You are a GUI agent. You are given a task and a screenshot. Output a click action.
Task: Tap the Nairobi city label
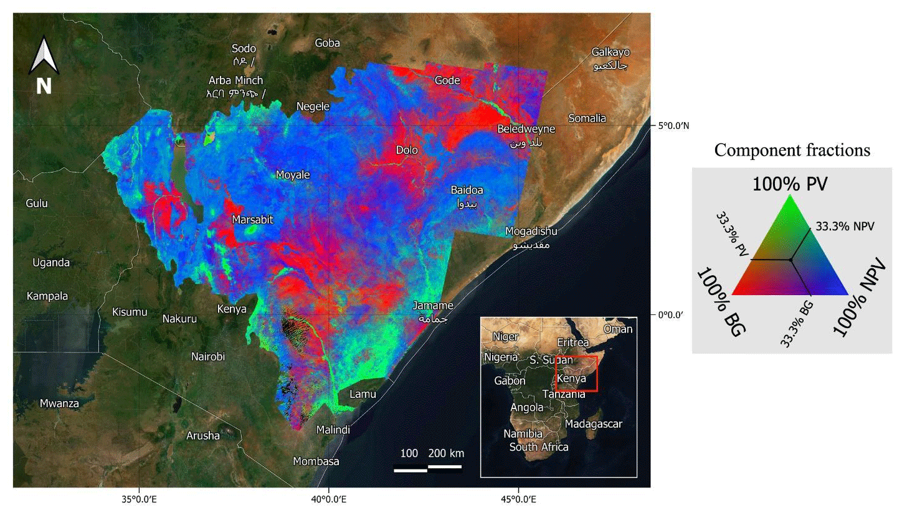pyautogui.click(x=208, y=357)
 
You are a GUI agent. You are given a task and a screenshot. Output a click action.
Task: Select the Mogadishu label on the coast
pyautogui.click(x=531, y=232)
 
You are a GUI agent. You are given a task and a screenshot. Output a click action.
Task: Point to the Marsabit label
pyautogui.click(x=252, y=220)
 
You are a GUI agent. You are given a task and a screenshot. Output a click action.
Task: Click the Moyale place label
pyautogui.click(x=293, y=175)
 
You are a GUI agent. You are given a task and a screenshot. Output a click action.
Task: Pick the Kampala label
pyautogui.click(x=47, y=296)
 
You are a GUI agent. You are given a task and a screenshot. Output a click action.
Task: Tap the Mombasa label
pyautogui.click(x=316, y=461)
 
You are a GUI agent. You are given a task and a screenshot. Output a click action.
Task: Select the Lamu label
pyautogui.click(x=363, y=394)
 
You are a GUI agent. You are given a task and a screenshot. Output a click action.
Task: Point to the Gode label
pyautogui.click(x=447, y=80)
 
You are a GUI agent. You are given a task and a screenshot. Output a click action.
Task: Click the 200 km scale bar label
pyautogui.click(x=446, y=453)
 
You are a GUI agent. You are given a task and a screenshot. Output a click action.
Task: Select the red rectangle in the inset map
pyautogui.click(x=576, y=374)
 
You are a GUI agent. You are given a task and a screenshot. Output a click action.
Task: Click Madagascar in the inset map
pyautogui.click(x=594, y=424)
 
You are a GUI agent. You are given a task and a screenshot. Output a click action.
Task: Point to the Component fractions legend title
pyautogui.click(x=792, y=150)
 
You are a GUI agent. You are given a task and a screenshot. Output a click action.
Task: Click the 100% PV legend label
pyautogui.click(x=790, y=184)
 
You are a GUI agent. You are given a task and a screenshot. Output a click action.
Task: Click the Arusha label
pyautogui.click(x=203, y=436)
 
